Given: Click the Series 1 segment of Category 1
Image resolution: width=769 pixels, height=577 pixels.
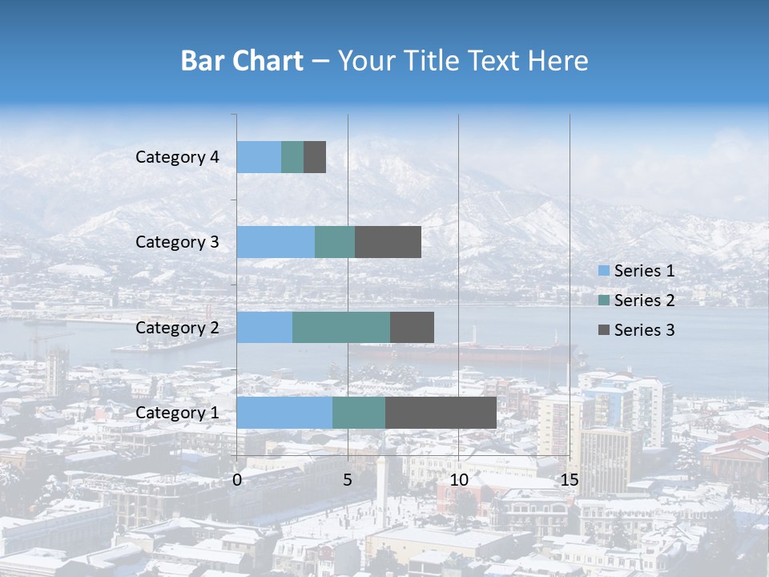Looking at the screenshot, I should (284, 413).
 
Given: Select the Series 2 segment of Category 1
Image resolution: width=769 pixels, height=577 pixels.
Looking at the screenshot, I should (358, 413).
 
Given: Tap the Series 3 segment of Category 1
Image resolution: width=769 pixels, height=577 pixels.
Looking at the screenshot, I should (441, 413).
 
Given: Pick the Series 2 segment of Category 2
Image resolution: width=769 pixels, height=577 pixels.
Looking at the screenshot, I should (341, 327).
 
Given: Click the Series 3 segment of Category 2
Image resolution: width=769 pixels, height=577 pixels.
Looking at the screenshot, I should (412, 327).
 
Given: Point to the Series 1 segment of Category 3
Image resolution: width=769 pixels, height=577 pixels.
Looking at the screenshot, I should (276, 242).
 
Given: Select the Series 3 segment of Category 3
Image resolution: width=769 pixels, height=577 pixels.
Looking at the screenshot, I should (388, 242).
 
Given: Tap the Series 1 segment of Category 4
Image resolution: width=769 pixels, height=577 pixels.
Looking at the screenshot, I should (259, 157).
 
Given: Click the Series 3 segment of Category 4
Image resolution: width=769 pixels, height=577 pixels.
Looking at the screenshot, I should (315, 157).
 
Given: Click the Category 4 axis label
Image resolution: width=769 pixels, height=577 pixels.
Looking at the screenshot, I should (177, 157).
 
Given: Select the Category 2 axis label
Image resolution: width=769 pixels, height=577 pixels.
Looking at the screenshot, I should (177, 328).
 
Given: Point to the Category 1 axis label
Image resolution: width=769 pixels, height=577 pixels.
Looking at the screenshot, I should (177, 413).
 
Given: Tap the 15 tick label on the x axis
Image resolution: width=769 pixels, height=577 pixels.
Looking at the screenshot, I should (569, 480).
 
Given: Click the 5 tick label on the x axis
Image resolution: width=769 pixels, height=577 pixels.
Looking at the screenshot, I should (348, 480).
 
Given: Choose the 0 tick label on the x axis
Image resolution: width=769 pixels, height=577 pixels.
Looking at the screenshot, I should (237, 480).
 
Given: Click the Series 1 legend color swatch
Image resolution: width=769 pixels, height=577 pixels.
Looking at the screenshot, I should (604, 271).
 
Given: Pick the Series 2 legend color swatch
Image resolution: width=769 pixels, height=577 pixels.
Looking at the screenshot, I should (604, 301).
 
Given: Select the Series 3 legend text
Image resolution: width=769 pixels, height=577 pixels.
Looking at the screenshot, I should (644, 330).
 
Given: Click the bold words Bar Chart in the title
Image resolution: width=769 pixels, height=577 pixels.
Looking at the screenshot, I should (242, 61).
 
